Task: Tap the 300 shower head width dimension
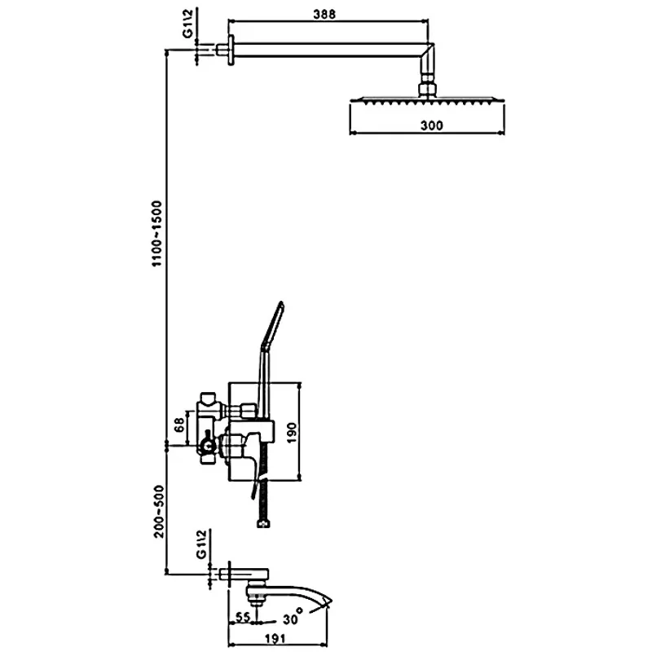(x=431, y=125)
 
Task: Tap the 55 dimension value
(x=244, y=618)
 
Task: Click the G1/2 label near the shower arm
(x=187, y=29)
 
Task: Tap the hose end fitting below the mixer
(x=262, y=524)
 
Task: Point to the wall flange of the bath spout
(x=230, y=574)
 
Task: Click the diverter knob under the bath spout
(x=258, y=601)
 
